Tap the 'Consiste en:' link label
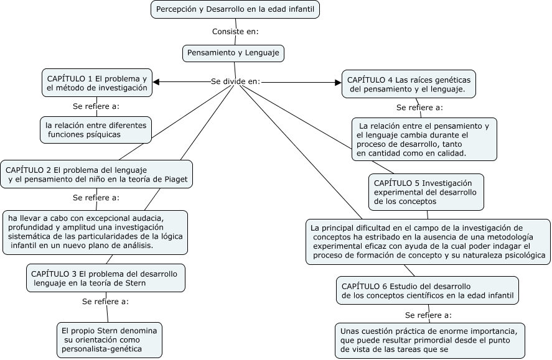coord(235,32)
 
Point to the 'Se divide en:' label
coord(235,81)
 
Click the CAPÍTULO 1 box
coord(97,83)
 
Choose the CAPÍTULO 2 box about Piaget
coord(96,175)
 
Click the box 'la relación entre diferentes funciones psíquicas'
coord(96,130)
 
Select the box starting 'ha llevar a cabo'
coord(95,232)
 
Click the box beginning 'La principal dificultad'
coord(428,242)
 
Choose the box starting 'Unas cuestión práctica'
coord(430,339)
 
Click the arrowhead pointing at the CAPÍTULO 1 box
coord(156,81)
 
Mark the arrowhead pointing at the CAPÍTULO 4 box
coord(338,81)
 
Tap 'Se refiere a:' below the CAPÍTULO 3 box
coord(105,302)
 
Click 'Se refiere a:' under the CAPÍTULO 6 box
coord(428,315)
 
